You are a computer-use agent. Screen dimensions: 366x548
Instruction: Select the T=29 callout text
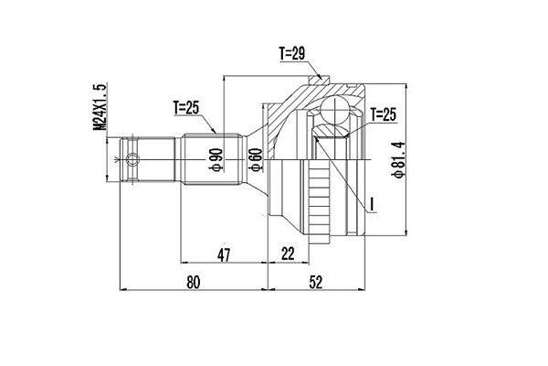pos(290,55)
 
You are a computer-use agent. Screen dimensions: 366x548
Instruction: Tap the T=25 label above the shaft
pos(185,108)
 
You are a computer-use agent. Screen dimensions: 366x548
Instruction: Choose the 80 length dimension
pos(192,283)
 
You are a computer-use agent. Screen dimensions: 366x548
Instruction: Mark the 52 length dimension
pos(315,283)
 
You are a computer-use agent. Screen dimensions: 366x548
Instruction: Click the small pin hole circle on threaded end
pos(134,163)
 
